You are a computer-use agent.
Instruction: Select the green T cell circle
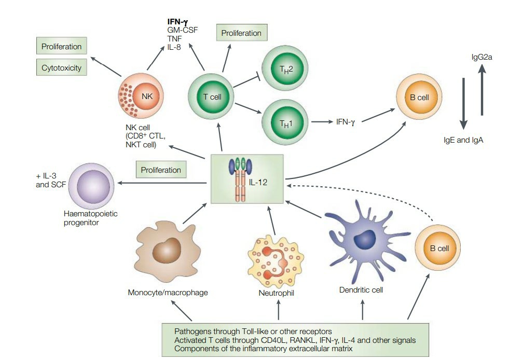(212, 97)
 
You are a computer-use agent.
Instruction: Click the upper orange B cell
(419, 96)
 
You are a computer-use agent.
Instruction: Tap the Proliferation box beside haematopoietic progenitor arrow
(161, 170)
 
